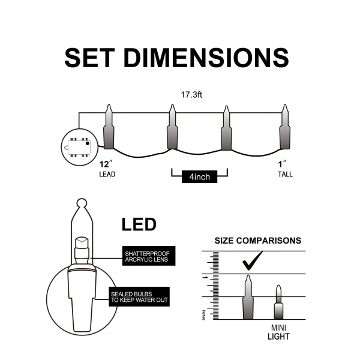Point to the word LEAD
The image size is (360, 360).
(107, 175)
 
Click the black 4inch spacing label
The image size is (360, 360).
(199, 177)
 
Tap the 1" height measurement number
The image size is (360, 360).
(281, 163)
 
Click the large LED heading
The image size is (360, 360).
(139, 225)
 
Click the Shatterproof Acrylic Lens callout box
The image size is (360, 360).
(146, 256)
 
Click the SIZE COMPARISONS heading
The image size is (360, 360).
(258, 241)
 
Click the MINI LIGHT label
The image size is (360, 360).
(277, 331)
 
